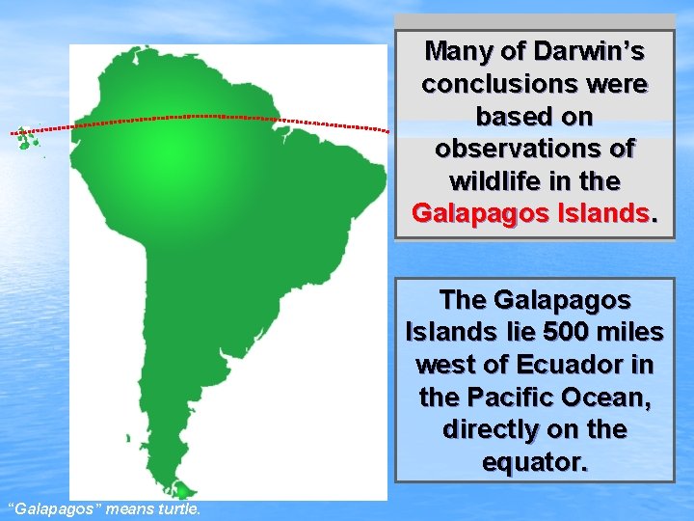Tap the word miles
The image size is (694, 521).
point(630,333)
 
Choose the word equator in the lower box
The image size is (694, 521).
point(535,463)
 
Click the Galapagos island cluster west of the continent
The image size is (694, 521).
point(25,140)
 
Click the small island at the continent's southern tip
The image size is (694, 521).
point(179,490)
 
